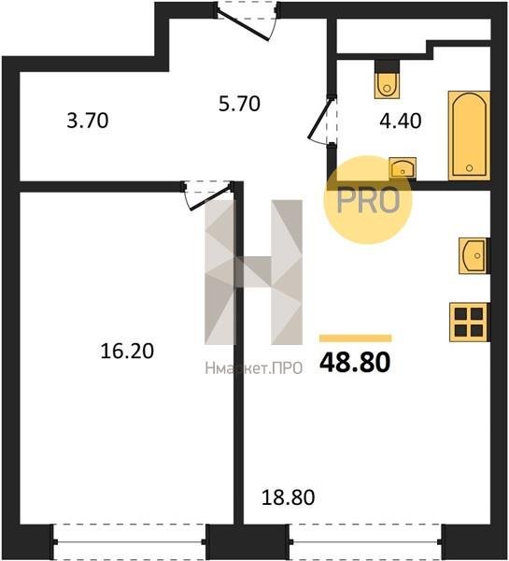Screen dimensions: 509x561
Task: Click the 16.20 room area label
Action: pos(127,351)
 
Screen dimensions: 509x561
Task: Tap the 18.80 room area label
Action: pos(288,497)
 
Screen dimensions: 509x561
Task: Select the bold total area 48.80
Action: pos(355,363)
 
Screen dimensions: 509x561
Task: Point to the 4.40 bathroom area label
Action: pos(401,121)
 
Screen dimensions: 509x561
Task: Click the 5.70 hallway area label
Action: pos(239,104)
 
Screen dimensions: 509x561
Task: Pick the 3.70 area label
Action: pos(88,121)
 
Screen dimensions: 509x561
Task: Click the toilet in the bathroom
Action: pos(387,79)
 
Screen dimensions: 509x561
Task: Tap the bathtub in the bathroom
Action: pos(470,136)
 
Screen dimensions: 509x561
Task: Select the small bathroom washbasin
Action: pos(403,167)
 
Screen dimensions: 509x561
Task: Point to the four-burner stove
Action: pos(470,322)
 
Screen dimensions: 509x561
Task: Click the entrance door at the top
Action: pos(247,20)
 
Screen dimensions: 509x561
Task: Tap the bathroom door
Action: pos(323,121)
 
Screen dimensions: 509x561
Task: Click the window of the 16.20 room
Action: pos(130,542)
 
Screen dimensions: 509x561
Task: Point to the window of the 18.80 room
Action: pos(365,542)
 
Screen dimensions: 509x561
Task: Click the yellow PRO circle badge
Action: pos(368,200)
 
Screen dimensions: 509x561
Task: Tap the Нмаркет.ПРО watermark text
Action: pos(254,368)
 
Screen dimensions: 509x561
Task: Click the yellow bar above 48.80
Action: pos(356,338)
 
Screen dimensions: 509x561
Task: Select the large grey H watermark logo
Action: pos(253,272)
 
